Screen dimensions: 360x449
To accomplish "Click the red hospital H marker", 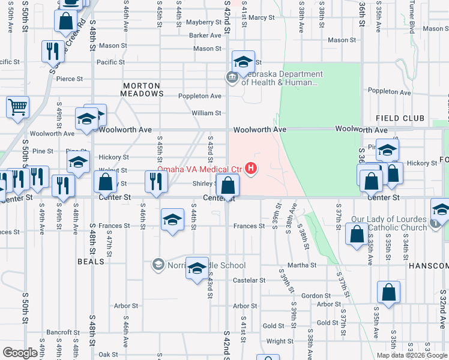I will click(252, 169).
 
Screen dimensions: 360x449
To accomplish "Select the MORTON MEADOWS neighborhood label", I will click(143, 89).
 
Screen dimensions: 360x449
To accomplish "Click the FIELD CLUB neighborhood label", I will click(400, 119).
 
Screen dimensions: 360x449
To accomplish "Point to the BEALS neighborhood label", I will click(91, 262).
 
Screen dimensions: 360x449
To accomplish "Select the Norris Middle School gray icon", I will click(158, 265).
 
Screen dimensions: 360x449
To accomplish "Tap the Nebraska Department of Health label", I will click(282, 79).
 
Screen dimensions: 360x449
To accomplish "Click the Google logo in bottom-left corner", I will click(20, 353).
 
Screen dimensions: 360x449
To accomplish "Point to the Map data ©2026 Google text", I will click(412, 355).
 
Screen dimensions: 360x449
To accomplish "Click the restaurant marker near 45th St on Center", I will click(156, 182).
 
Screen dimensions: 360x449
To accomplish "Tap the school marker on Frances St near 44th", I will click(172, 220).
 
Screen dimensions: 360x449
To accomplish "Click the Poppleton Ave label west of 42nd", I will click(200, 96).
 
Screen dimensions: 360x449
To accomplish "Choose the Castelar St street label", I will click(249, 280).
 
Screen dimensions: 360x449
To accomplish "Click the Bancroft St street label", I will click(63, 332).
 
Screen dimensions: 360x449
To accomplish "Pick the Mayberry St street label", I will click(204, 22).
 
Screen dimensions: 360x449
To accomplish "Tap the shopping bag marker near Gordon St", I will click(388, 293).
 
